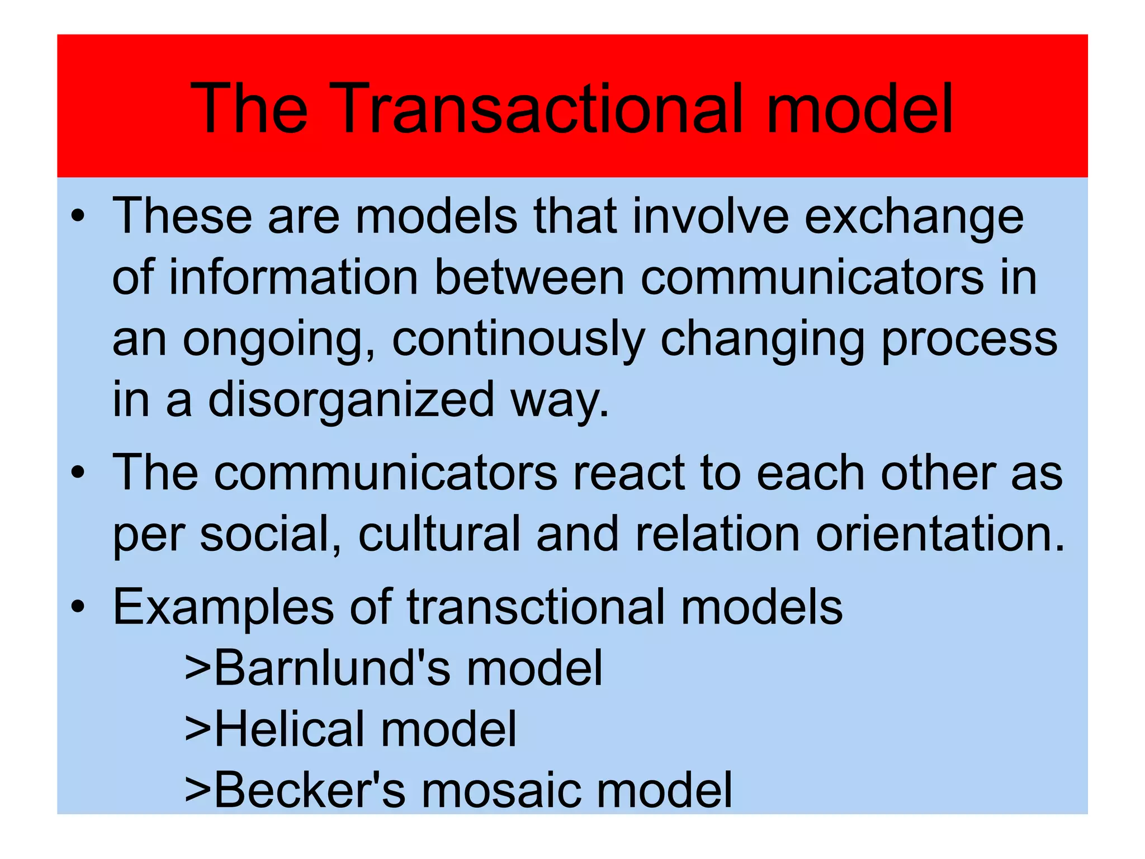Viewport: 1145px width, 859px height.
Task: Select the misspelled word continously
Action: [x=518, y=339]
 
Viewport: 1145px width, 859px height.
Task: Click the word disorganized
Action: [x=351, y=400]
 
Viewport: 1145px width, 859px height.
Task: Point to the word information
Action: [x=294, y=278]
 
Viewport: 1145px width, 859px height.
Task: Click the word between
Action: [x=529, y=278]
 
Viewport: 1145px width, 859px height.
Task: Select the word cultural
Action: [x=439, y=534]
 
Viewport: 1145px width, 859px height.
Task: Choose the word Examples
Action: [x=223, y=608]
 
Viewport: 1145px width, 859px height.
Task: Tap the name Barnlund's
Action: [x=332, y=668]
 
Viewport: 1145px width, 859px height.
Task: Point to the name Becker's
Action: [x=309, y=790]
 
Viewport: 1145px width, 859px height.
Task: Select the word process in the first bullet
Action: [x=969, y=339]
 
